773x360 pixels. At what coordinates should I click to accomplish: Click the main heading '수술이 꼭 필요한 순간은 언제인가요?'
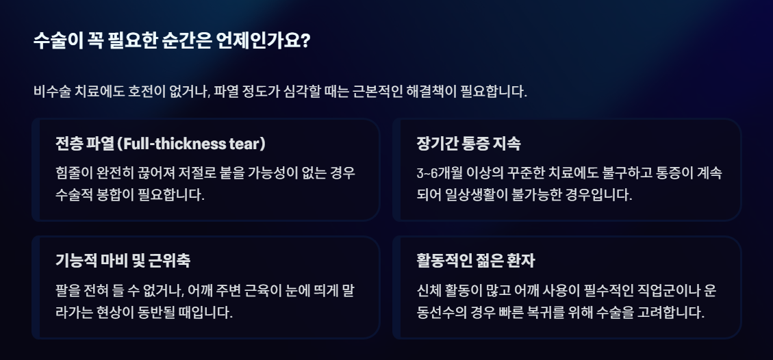pyautogui.click(x=171, y=40)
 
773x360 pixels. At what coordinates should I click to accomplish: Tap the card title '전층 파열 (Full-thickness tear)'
pyautogui.click(x=160, y=144)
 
